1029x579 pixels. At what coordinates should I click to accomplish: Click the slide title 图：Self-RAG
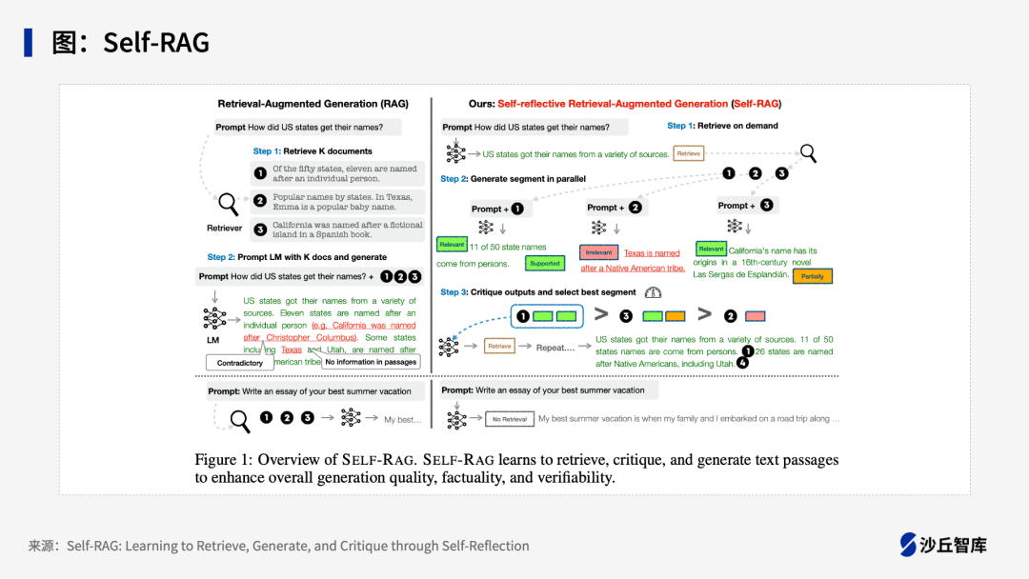pyautogui.click(x=131, y=42)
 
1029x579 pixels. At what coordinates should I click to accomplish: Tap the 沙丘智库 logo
pyautogui.click(x=943, y=545)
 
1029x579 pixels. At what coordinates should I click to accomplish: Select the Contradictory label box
pyautogui.click(x=240, y=363)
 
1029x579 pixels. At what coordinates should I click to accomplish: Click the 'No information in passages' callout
pyautogui.click(x=371, y=362)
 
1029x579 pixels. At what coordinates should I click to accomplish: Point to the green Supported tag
pyautogui.click(x=545, y=264)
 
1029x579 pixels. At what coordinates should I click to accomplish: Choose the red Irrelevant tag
pyautogui.click(x=598, y=253)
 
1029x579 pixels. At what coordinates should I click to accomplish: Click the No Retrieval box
pyautogui.click(x=509, y=419)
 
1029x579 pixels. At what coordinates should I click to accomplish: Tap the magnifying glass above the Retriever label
pyautogui.click(x=229, y=203)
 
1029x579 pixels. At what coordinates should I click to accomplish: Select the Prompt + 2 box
pyautogui.click(x=615, y=207)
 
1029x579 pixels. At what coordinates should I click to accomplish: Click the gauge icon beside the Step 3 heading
pyautogui.click(x=653, y=292)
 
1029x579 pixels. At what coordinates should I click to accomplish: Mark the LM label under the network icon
pyautogui.click(x=213, y=339)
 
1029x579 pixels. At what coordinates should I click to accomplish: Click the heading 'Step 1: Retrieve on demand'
pyautogui.click(x=722, y=126)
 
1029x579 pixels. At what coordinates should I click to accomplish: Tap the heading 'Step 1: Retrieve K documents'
pyautogui.click(x=313, y=151)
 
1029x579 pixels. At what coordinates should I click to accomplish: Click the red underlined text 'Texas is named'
pyautogui.click(x=652, y=253)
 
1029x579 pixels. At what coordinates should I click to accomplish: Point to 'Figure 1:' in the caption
pyautogui.click(x=223, y=460)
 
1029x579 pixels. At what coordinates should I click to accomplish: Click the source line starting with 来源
pyautogui.click(x=278, y=546)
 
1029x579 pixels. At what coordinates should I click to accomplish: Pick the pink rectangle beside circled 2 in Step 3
pyautogui.click(x=755, y=316)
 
